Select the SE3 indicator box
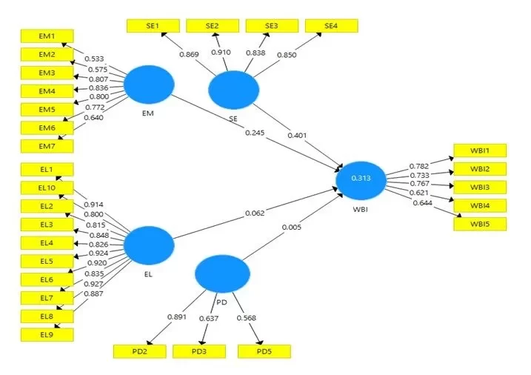click(x=272, y=26)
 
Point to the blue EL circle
click(x=148, y=245)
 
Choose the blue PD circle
click(x=220, y=274)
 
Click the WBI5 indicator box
click(x=479, y=222)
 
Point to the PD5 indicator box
click(x=264, y=351)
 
